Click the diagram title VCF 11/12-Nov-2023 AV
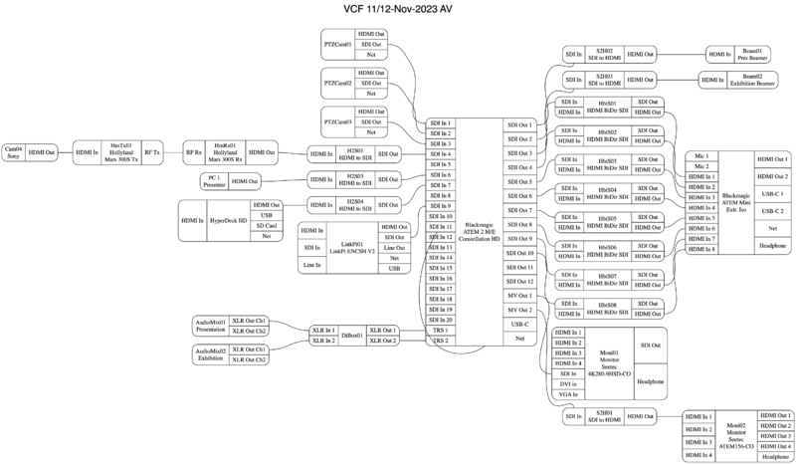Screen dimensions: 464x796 pos(397,10)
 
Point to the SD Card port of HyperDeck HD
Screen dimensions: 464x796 pos(266,225)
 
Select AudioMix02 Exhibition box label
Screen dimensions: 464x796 pos(209,354)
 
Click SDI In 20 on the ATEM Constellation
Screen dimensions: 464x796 pos(441,320)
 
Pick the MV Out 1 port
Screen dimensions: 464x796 pos(519,296)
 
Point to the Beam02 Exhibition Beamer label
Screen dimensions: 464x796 pos(751,80)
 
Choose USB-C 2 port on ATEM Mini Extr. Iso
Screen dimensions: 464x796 pos(772,211)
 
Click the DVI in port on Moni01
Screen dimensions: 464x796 pos(569,383)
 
